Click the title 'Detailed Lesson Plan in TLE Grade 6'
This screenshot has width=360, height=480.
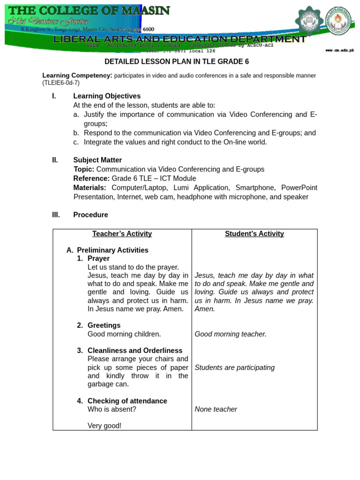[177, 61]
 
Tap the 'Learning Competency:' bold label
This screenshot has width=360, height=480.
[77, 75]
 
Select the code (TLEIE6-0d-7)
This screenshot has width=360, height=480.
[61, 83]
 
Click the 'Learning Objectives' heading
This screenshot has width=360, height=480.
[107, 96]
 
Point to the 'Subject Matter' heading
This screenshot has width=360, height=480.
[97, 160]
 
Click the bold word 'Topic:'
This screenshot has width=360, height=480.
[84, 169]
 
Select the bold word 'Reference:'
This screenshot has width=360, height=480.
[91, 179]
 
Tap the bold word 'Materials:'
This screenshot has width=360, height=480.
[90, 187]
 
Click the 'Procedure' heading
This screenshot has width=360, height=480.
[90, 215]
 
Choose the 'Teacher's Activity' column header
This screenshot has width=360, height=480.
[122, 234]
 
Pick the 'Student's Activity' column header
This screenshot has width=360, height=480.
[255, 234]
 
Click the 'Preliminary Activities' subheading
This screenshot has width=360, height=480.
[112, 250]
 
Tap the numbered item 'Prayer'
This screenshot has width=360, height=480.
[98, 258]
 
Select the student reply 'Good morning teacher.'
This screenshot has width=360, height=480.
[231, 334]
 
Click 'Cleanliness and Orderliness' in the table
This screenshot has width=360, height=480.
[135, 351]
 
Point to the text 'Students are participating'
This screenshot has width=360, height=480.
[235, 367]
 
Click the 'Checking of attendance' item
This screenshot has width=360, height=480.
[127, 401]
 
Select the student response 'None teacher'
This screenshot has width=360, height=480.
[216, 410]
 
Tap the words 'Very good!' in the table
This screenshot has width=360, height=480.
[105, 426]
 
